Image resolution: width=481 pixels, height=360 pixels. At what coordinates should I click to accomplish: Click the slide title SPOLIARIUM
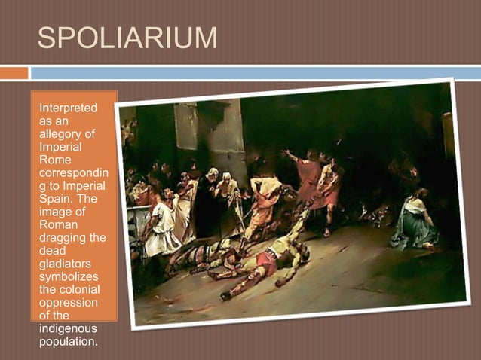click(127, 37)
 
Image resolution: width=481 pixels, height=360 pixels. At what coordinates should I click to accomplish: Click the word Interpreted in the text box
click(68, 108)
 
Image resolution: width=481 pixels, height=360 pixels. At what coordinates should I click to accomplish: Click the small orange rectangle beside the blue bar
click(14, 73)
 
